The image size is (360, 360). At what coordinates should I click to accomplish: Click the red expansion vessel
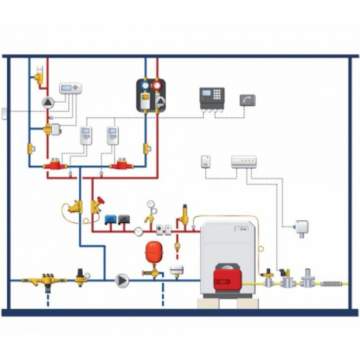(x=152, y=252)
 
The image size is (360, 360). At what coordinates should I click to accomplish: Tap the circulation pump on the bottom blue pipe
(x=122, y=280)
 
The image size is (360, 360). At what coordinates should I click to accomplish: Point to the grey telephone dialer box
(x=247, y=100)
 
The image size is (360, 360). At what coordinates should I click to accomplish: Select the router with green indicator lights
(x=244, y=162)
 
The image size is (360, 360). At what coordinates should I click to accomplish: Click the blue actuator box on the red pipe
(x=110, y=219)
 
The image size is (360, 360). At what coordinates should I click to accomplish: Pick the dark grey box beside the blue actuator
(x=124, y=219)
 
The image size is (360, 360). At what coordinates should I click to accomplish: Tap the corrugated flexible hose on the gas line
(x=332, y=284)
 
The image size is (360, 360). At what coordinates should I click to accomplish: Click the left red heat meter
(x=56, y=164)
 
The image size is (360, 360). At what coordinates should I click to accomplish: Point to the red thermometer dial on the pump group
(x=157, y=85)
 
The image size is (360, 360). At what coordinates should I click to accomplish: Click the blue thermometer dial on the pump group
(x=145, y=85)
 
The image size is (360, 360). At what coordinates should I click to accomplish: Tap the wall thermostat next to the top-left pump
(x=70, y=88)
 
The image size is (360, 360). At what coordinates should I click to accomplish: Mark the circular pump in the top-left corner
(x=48, y=102)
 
